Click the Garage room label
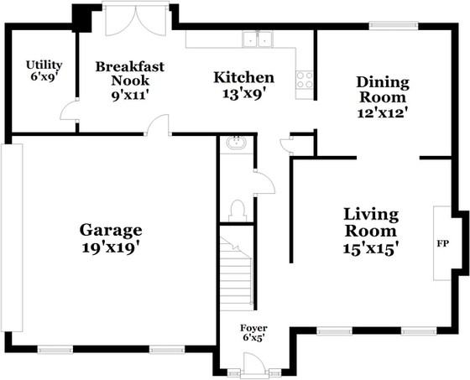[111, 231]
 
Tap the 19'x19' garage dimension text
[111, 247]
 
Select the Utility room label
[44, 65]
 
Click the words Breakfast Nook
[130, 74]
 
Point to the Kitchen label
[243, 78]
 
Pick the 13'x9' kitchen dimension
[244, 93]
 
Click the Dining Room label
[383, 90]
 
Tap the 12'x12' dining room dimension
[383, 113]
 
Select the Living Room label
[371, 222]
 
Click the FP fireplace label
[443, 244]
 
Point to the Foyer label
[253, 328]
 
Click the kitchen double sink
[258, 39]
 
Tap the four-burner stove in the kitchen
[304, 80]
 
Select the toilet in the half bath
[237, 211]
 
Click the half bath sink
[236, 143]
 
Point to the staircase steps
[236, 273]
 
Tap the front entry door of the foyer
[254, 364]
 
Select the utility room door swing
[68, 110]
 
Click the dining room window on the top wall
[394, 25]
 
